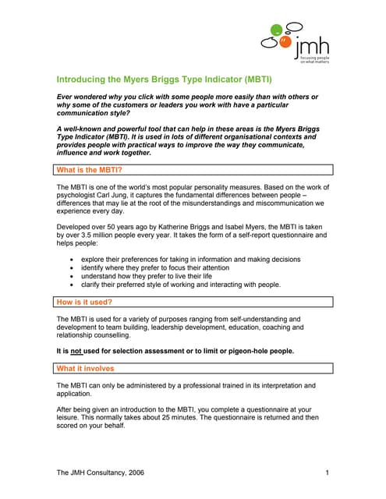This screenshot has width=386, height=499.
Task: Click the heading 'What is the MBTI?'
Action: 90,169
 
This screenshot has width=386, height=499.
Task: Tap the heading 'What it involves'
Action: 86,368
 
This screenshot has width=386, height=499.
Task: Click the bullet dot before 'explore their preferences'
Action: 73,259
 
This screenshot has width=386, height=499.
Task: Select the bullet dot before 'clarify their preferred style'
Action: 73,285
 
